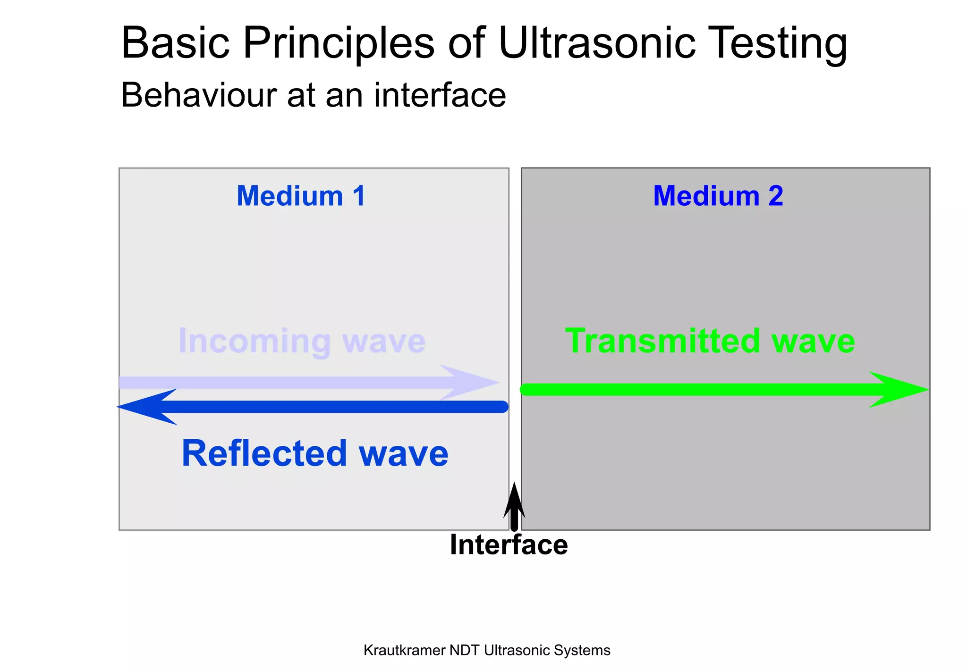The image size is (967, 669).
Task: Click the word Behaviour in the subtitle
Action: (x=198, y=95)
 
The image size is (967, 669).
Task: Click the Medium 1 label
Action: (x=301, y=196)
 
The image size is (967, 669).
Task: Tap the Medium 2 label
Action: (x=718, y=196)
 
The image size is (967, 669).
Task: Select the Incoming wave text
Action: (x=302, y=341)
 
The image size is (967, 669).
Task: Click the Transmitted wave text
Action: (x=710, y=341)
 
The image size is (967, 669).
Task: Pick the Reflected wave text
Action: (x=315, y=453)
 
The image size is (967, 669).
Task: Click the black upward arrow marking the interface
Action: (x=514, y=507)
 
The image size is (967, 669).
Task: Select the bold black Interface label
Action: (x=509, y=545)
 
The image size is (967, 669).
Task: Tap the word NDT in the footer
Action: (x=465, y=650)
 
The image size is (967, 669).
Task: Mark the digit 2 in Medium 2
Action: (x=775, y=196)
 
